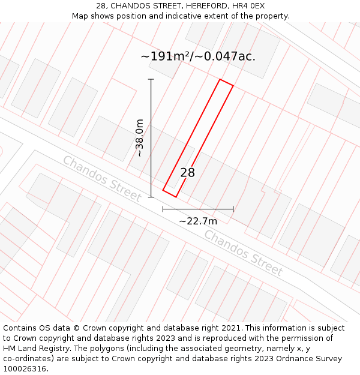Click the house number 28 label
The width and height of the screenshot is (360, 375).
click(x=188, y=173)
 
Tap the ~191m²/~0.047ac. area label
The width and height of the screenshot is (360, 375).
click(x=198, y=56)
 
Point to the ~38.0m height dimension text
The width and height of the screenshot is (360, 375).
click(x=139, y=138)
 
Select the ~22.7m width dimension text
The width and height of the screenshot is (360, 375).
click(x=198, y=221)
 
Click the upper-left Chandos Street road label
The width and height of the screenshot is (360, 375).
click(x=102, y=179)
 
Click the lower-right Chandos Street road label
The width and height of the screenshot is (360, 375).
click(x=243, y=253)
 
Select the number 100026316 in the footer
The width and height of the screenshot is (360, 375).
click(x=25, y=369)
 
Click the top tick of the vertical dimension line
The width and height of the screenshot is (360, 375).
click(x=151, y=79)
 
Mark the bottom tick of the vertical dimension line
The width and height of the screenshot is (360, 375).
click(x=151, y=197)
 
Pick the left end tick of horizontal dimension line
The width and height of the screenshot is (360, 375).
click(x=163, y=209)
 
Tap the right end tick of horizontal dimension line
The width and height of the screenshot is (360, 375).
click(x=233, y=209)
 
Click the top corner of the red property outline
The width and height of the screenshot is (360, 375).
click(x=220, y=79)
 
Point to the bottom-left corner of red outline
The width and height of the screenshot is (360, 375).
click(x=163, y=191)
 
